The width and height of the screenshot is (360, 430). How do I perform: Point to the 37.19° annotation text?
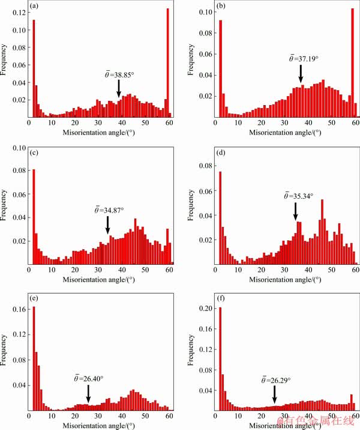[x=301, y=59]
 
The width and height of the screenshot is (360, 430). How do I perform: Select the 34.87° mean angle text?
[x=109, y=210]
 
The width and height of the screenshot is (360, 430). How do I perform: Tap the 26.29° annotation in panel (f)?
[x=276, y=380]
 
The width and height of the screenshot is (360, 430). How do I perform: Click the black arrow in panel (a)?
[x=119, y=88]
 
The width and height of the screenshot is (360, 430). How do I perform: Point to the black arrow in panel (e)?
[x=88, y=394]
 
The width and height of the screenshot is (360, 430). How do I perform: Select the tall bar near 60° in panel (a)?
[x=168, y=63]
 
